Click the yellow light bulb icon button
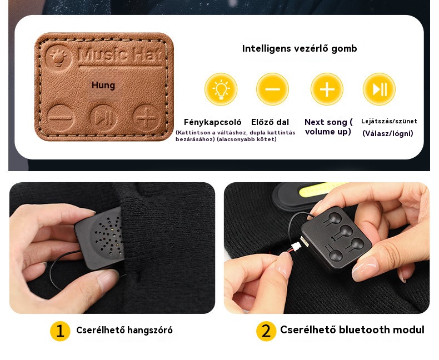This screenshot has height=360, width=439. [221, 89]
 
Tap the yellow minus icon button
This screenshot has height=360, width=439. [272, 89]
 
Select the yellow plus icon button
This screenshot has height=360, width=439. [327, 89]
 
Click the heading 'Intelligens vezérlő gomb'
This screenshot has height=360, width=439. [300, 48]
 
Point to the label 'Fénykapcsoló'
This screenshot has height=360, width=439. [212, 122]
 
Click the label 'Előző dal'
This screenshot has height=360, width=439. [270, 122]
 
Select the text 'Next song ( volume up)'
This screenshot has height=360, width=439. [328, 127]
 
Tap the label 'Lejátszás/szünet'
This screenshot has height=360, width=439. [389, 121]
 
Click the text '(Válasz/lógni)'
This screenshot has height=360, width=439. [388, 133]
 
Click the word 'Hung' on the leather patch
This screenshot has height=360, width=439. [103, 85]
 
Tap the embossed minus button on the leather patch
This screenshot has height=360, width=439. [60, 118]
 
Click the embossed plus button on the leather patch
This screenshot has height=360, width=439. [147, 118]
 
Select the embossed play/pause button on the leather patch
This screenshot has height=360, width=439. [103, 118]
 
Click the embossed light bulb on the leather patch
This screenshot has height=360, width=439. [58, 57]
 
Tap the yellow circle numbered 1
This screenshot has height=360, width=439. [60, 331]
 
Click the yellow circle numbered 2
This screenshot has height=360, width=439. [266, 331]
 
